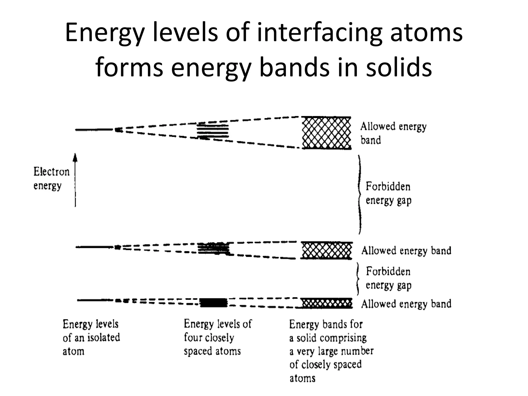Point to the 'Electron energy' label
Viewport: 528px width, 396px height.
[51, 178]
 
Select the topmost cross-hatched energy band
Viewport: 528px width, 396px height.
[326, 133]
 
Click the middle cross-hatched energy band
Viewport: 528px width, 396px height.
[326, 250]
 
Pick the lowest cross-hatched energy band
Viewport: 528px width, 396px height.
[326, 303]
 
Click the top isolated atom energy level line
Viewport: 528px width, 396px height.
[94, 129]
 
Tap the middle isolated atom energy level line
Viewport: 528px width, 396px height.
[94, 247]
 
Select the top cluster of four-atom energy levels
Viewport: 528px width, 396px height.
[213, 131]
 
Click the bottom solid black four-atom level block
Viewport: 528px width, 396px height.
[214, 302]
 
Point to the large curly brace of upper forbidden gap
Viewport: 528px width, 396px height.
[359, 195]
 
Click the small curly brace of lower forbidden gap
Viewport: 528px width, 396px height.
[358, 278]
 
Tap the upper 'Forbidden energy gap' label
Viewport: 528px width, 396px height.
[388, 193]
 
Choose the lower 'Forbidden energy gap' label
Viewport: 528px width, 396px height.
[388, 278]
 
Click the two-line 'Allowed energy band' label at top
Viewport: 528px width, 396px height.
[393, 133]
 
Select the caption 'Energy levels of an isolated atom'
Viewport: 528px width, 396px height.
[91, 337]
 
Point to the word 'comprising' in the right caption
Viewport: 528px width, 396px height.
[344, 338]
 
